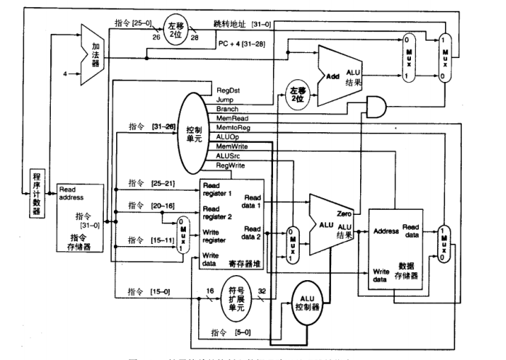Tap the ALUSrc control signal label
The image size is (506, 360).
point(230,155)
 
